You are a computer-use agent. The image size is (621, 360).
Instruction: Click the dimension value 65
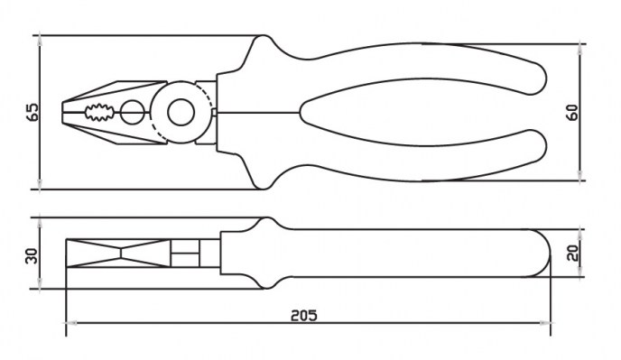click(x=33, y=113)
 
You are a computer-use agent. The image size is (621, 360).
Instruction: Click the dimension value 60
click(x=572, y=113)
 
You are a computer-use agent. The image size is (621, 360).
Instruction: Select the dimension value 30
click(x=32, y=256)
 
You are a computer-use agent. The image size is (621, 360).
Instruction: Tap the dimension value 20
click(x=573, y=253)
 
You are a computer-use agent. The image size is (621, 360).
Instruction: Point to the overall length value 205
click(x=304, y=315)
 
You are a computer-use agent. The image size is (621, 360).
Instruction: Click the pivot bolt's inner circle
click(x=181, y=113)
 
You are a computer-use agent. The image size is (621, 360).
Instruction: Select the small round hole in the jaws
click(x=133, y=113)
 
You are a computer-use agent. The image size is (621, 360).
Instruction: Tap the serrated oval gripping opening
click(x=99, y=113)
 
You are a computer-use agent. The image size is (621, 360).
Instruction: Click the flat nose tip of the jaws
click(x=62, y=113)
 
